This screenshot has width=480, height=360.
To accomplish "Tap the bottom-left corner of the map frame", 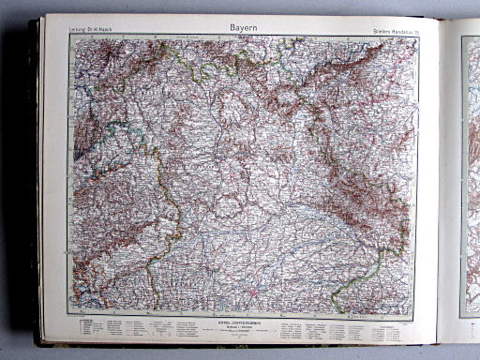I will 67,314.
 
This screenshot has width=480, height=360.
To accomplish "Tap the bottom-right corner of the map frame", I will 418,314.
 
